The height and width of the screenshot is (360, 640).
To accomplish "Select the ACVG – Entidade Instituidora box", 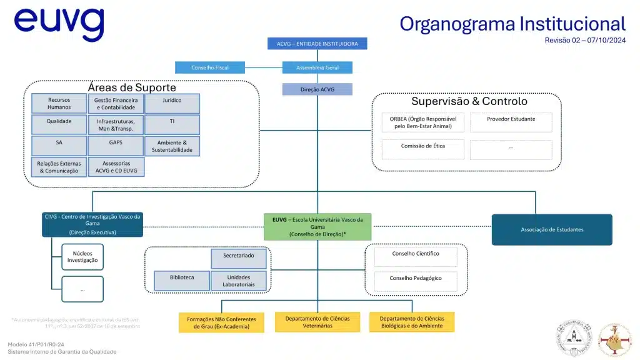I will coord(317,44).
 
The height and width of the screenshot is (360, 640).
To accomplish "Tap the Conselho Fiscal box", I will coord(210,67).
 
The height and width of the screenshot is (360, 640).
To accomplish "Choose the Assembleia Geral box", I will coord(317,67).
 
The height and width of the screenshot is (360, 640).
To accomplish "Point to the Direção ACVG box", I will coord(317,89).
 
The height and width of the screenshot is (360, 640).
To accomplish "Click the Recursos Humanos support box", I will coord(59,103).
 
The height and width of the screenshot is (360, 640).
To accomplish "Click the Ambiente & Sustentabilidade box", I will coord(172,146).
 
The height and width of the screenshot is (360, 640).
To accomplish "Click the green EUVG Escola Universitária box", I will coord(317,227).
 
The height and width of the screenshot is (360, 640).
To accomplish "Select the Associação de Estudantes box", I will coord(552,229).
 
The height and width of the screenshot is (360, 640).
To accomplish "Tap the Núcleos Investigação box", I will coord(82,256).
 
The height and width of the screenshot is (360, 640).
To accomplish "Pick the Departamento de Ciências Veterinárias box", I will coord(317,322).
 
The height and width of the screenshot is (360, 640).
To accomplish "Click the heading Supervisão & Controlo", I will coord(469,101).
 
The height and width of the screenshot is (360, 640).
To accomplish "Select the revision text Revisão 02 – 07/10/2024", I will coord(584,40).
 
